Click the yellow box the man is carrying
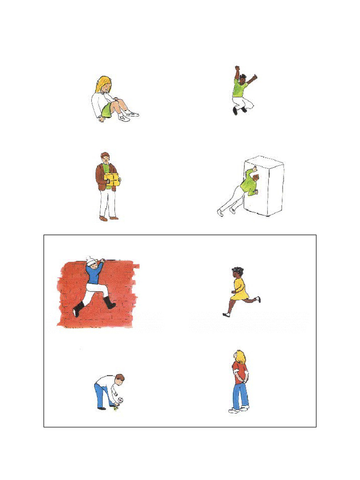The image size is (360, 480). (x=112, y=180)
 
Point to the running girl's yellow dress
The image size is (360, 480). (x=240, y=289)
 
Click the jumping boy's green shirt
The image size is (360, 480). (x=240, y=89)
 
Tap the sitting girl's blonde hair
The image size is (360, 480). (x=102, y=83)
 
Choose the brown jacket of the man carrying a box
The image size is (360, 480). (x=100, y=176)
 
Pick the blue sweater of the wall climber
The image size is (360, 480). (x=95, y=275)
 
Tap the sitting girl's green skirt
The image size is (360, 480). (x=107, y=111)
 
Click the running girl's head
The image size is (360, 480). (x=237, y=272)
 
